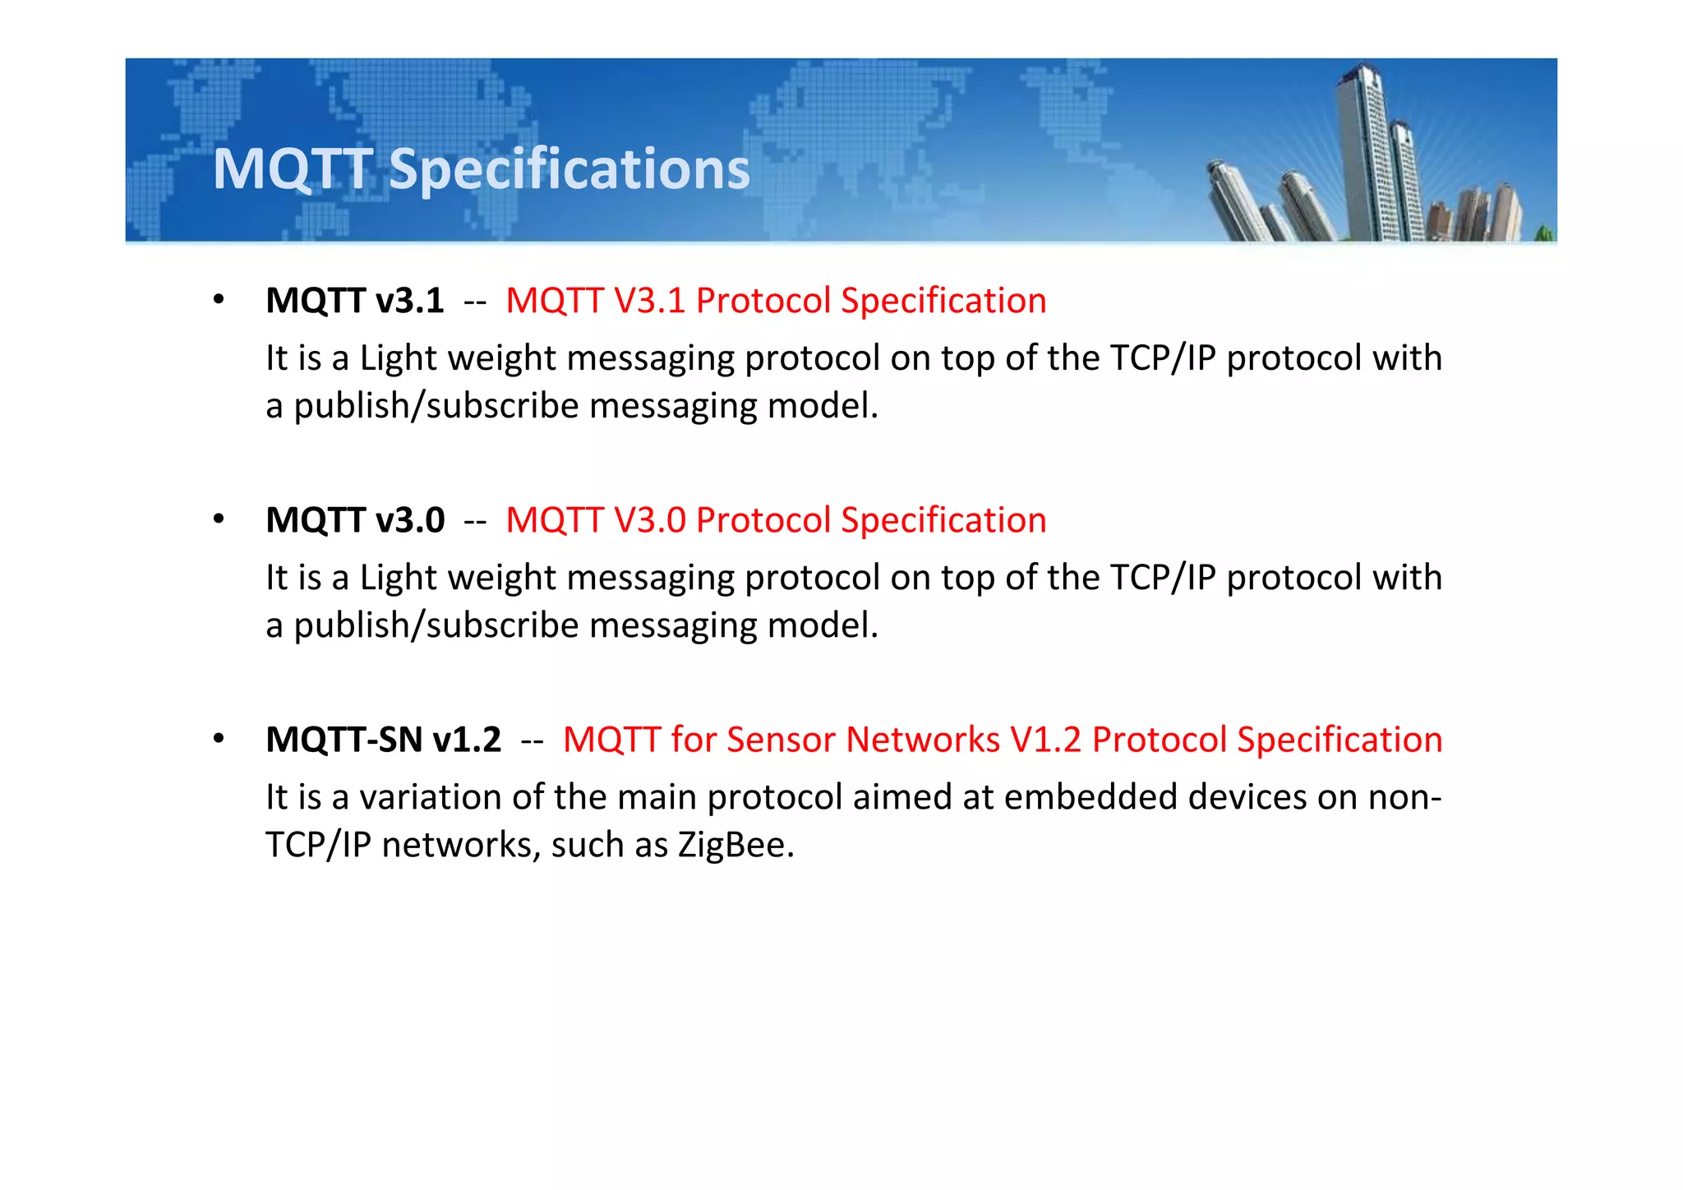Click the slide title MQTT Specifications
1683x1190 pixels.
(x=481, y=169)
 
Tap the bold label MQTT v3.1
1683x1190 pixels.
(x=355, y=301)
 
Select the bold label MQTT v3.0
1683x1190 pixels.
(x=355, y=520)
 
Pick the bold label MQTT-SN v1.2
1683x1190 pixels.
(x=383, y=740)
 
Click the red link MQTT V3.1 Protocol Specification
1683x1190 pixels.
(x=776, y=301)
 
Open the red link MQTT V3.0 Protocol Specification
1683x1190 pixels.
(x=776, y=520)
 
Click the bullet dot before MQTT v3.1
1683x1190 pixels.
(x=218, y=299)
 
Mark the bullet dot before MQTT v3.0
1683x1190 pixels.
(x=218, y=519)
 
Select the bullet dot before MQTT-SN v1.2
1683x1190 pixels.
(x=218, y=738)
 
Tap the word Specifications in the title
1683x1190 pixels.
(x=569, y=169)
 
